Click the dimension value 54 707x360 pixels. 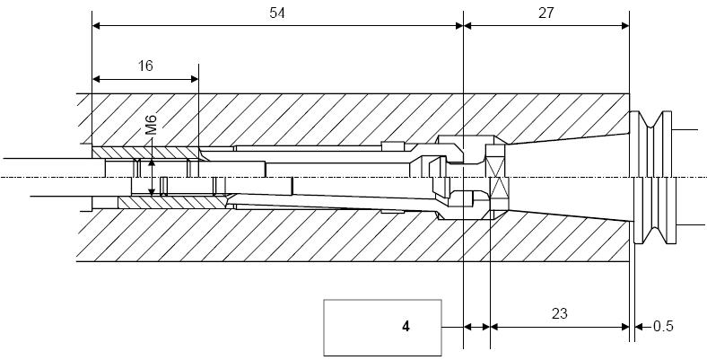tap(277, 13)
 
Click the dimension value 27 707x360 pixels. tap(546, 13)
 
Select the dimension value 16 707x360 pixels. tap(145, 66)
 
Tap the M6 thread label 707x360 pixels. tap(151, 125)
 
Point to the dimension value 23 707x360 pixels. tap(559, 313)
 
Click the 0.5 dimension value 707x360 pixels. tap(663, 326)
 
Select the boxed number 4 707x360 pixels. tap(406, 327)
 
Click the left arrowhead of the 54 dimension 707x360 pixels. tap(96, 26)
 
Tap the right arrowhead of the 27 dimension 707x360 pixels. tap(625, 26)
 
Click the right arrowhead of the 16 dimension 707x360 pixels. tap(195, 79)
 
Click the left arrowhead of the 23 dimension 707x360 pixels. tap(494, 327)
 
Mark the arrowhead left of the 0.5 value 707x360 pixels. tap(639, 327)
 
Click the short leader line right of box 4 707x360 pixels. tap(452, 327)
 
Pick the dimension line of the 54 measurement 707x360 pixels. tap(278, 26)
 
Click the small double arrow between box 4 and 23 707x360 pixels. tap(476, 327)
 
